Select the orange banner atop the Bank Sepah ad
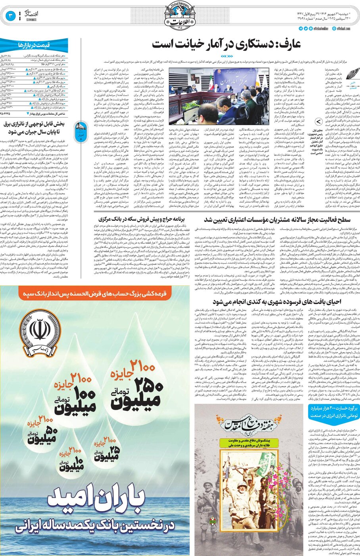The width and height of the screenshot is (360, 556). [x=95, y=294]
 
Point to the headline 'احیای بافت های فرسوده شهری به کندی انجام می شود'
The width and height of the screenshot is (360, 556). [x=277, y=302]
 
